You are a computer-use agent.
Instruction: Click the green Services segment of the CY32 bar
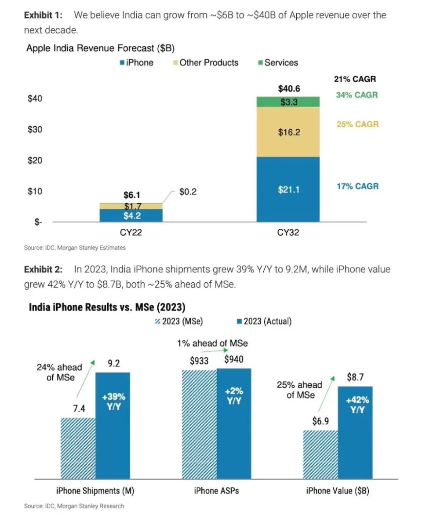point(288,102)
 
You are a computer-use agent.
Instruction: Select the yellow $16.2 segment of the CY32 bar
point(288,132)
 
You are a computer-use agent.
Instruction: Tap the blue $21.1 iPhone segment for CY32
point(288,190)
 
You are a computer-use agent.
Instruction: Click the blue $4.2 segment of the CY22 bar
point(131,215)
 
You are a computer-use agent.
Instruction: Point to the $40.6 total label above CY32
point(288,89)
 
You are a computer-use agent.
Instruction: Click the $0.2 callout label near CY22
point(189,192)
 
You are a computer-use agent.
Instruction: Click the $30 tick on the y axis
point(35,130)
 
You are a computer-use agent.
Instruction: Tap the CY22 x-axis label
point(131,233)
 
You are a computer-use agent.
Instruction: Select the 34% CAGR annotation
point(357,95)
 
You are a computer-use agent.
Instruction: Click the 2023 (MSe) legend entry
point(179,321)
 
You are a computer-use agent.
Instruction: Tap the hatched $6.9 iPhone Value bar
point(320,455)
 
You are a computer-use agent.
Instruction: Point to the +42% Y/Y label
point(357,405)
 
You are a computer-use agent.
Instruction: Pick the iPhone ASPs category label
point(216,491)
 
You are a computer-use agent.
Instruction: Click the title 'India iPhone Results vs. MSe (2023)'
point(107,307)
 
